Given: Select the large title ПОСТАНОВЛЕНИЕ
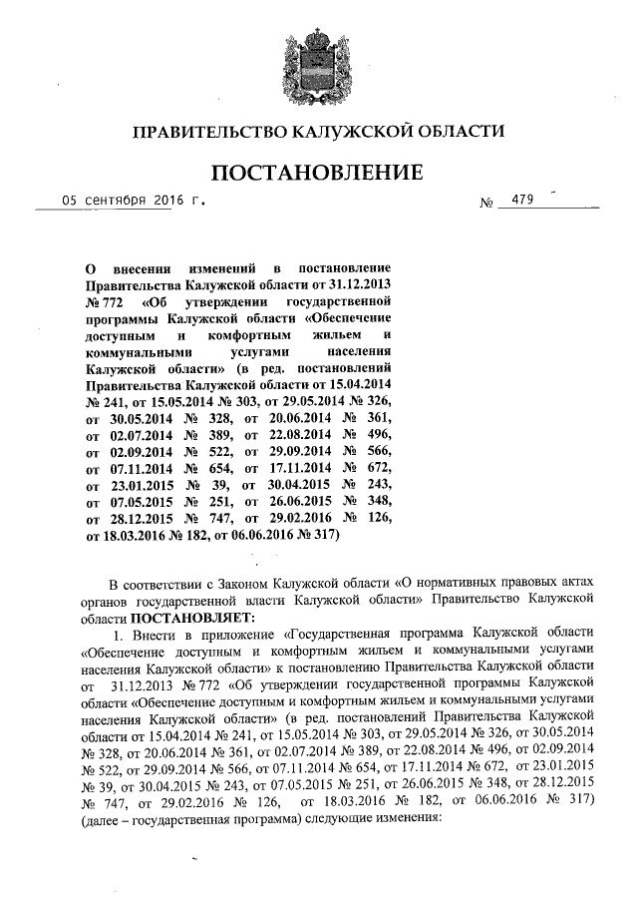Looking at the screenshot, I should click(319, 173).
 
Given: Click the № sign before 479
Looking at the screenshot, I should click(488, 203).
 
